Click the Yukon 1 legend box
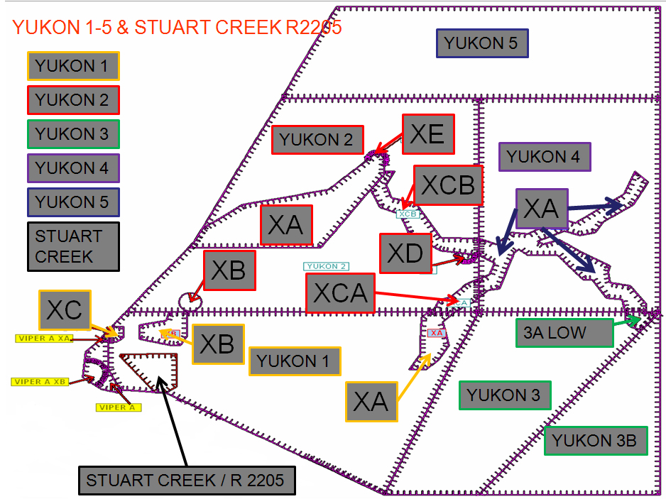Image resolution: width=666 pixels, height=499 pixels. pyautogui.click(x=73, y=66)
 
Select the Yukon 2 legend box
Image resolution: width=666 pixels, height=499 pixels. pyautogui.click(x=73, y=100)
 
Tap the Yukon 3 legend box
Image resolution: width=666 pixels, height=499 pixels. pyautogui.click(x=73, y=134)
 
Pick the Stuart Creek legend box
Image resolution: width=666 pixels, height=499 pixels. pyautogui.click(x=73, y=246)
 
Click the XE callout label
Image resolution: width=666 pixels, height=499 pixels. pyautogui.click(x=428, y=133)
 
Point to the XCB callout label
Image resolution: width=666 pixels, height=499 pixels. pyautogui.click(x=448, y=185)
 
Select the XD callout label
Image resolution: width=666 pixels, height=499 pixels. pyautogui.click(x=405, y=253)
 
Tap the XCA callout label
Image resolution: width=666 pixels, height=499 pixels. pyautogui.click(x=341, y=293)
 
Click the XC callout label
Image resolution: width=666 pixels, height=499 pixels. pyautogui.click(x=65, y=310)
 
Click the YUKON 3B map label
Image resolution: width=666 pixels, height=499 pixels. pyautogui.click(x=596, y=441)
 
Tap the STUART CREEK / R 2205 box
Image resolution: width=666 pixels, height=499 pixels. pyautogui.click(x=185, y=481)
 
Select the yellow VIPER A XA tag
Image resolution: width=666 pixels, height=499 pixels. pyautogui.click(x=44, y=339)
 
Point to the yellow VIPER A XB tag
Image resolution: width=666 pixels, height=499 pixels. pyautogui.click(x=40, y=382)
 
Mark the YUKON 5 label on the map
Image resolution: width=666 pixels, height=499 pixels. pyautogui.click(x=481, y=43)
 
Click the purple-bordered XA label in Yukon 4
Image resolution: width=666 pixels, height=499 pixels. pyautogui.click(x=542, y=208)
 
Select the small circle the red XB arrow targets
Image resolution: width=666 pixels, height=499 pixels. pyautogui.click(x=190, y=300)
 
